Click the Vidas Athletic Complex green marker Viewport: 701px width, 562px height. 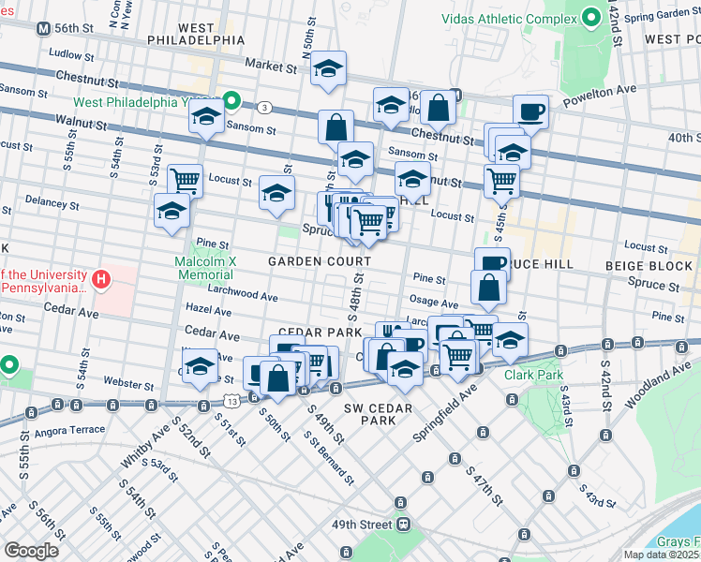tap(591, 18)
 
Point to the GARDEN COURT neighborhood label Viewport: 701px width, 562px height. tap(311, 261)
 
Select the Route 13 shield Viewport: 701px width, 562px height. tap(231, 401)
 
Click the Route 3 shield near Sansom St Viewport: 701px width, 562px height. tap(266, 107)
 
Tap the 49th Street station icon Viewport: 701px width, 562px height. tap(404, 524)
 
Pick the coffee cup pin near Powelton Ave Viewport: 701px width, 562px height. tap(530, 111)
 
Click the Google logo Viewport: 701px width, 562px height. tap(31, 551)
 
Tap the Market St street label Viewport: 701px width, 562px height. tap(270, 66)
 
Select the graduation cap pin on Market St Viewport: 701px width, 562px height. tap(328, 70)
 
